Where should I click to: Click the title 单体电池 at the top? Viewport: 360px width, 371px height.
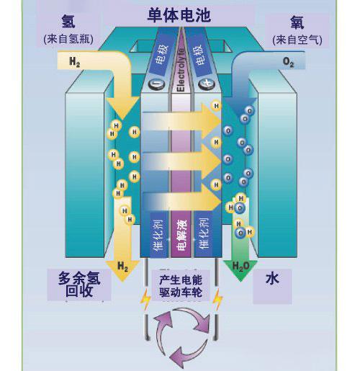[x=179, y=14]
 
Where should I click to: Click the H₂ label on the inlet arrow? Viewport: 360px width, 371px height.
[x=75, y=63]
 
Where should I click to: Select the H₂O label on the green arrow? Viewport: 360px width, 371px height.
[x=240, y=267]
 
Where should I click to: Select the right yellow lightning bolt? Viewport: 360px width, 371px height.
[x=216, y=298]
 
